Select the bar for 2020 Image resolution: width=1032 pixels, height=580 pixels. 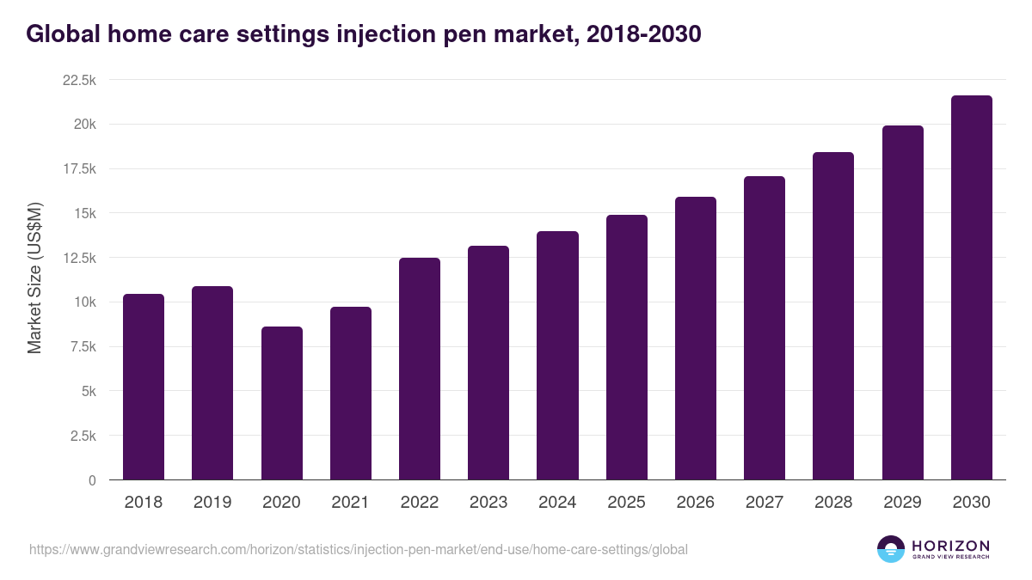(281, 403)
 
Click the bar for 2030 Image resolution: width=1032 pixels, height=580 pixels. (971, 288)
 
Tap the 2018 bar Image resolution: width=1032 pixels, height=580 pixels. (144, 387)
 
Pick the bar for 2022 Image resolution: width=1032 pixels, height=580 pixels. (420, 369)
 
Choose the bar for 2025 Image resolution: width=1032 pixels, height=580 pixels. (626, 347)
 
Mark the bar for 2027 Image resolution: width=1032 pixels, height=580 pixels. (765, 327)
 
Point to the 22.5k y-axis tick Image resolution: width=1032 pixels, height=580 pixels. (80, 80)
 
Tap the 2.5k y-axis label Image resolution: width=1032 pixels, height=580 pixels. (83, 436)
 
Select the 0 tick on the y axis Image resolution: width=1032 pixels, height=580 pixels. (91, 480)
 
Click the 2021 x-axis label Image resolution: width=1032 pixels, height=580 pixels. (350, 503)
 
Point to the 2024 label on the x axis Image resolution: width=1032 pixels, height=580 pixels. (557, 503)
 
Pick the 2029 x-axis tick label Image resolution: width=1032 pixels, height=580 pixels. (902, 503)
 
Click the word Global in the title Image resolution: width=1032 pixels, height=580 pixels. (58, 34)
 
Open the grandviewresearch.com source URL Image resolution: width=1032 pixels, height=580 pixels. (359, 549)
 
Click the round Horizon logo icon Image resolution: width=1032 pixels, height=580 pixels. (891, 549)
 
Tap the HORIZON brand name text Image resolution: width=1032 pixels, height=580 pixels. (950, 545)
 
